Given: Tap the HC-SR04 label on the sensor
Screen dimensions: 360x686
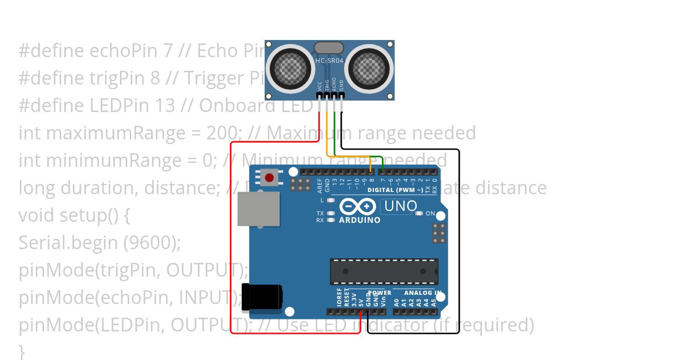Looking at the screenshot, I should [x=329, y=60].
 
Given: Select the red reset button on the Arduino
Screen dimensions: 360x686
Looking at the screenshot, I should [x=269, y=178].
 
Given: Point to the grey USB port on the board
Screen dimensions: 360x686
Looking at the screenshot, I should [x=258, y=210].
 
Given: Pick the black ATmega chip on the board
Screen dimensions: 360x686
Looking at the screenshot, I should [x=384, y=271].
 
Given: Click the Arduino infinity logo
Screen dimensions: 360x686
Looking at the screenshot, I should [x=357, y=206].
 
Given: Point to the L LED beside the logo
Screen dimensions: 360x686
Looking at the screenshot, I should [x=330, y=201].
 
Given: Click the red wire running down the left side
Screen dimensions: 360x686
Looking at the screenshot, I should [x=231, y=240].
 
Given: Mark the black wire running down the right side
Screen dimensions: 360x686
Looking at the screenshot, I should [x=459, y=240].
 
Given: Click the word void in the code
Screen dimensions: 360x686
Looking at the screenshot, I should [x=37, y=216].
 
